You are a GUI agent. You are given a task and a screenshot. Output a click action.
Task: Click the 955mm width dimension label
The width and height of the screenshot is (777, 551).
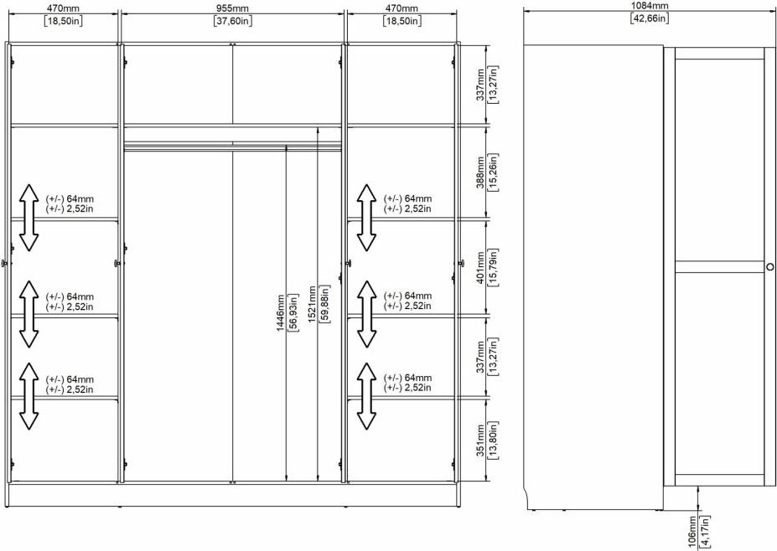point(233,8)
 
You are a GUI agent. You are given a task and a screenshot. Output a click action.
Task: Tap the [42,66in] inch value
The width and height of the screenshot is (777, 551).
point(650,18)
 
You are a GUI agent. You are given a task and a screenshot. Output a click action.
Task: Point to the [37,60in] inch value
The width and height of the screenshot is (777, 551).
point(233,21)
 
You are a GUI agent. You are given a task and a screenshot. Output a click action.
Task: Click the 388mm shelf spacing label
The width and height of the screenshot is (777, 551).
point(480,173)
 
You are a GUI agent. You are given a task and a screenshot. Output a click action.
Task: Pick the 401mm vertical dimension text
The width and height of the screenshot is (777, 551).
point(480,268)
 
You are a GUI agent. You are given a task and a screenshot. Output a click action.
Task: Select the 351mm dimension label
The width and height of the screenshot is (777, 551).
point(480,440)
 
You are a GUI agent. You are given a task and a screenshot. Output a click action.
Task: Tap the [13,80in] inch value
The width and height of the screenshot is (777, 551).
point(493,440)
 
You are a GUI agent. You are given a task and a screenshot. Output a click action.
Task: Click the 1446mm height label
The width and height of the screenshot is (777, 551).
point(281,313)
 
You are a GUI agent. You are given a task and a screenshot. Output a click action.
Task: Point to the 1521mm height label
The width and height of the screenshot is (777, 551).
point(312,305)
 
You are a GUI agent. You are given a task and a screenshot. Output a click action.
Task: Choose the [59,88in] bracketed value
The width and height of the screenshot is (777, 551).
point(324,305)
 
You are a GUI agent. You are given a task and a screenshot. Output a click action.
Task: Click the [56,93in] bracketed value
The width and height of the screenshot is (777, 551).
point(293,313)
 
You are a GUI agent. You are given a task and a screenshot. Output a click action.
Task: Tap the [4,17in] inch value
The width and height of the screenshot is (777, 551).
point(706,533)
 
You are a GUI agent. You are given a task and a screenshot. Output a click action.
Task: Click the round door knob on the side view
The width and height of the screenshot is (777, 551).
point(769,267)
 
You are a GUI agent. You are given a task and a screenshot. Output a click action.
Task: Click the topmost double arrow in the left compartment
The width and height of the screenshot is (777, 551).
point(29,218)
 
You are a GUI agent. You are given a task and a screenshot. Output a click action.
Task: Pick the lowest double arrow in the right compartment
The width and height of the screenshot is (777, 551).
point(366,396)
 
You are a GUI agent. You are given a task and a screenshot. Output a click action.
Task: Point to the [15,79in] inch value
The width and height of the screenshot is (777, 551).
point(493,268)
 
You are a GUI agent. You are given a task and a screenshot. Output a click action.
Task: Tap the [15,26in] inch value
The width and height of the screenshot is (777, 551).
point(493,173)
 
